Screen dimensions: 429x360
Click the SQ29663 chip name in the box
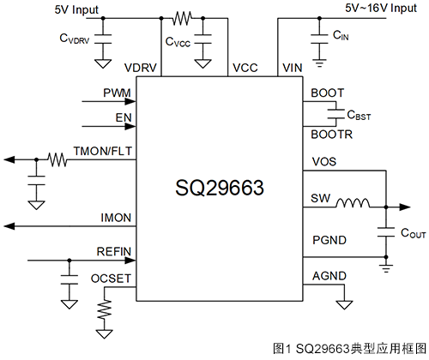[x=220, y=188]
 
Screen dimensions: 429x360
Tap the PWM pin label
[x=117, y=93]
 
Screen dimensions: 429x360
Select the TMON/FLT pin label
[x=103, y=151]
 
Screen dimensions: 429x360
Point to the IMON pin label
[x=116, y=218]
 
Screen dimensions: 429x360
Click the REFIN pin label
[x=114, y=251]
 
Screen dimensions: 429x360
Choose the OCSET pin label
[x=111, y=279]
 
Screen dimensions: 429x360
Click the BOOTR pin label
[x=331, y=135]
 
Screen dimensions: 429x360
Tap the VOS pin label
[x=324, y=161]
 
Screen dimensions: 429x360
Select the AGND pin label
[x=329, y=276]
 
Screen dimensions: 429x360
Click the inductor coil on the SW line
[x=353, y=202]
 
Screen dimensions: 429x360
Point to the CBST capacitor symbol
[x=335, y=114]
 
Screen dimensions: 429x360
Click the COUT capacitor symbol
[x=386, y=232]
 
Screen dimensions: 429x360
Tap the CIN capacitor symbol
[x=319, y=39]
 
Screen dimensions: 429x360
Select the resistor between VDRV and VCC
[x=182, y=18]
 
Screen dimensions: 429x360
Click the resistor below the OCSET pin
[x=105, y=309]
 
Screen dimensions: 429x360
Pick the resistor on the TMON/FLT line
[x=57, y=159]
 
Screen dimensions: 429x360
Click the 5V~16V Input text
[x=381, y=8]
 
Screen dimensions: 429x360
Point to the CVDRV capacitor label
[x=75, y=39]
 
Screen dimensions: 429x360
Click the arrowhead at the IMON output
[x=9, y=226]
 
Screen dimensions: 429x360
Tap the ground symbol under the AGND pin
[x=344, y=305]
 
